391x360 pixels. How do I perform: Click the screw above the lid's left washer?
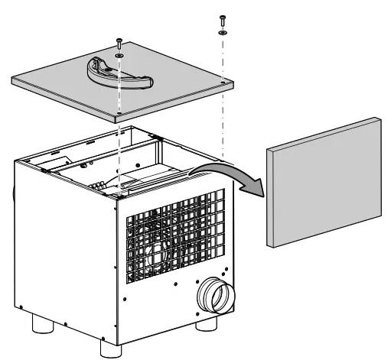click(119, 44)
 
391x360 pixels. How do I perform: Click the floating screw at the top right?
click(222, 19)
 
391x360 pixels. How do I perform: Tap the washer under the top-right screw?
click(222, 33)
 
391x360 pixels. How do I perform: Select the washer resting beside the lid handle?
click(120, 55)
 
